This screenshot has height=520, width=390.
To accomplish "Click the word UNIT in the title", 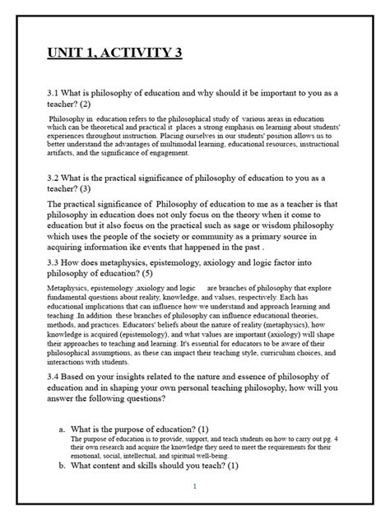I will (67, 54).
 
